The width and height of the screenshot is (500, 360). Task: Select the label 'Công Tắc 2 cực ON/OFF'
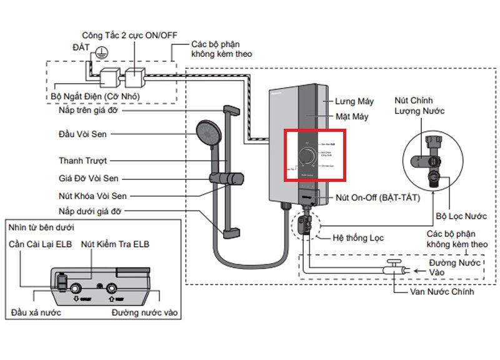pos(130,36)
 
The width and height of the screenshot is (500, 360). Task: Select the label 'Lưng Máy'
pos(354,101)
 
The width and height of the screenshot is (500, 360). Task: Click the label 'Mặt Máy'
pos(352,117)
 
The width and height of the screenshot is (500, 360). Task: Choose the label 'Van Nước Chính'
pos(442,292)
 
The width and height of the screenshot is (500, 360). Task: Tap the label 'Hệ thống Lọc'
pos(359,237)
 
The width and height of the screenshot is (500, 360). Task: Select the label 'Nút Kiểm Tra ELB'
pos(115,244)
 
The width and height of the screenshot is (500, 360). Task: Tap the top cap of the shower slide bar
pos(229,111)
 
